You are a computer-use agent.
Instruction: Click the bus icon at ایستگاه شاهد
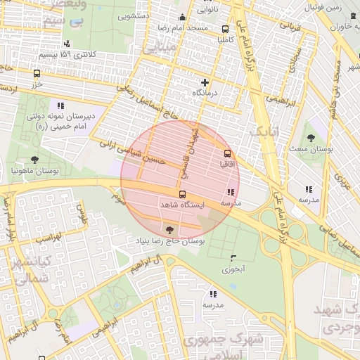[x=182, y=194]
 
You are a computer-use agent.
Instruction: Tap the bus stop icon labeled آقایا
[x=227, y=153]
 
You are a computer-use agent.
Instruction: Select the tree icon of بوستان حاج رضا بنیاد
[x=169, y=229]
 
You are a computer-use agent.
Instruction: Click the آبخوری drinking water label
[x=233, y=268]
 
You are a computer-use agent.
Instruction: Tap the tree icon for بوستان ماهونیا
[x=34, y=160]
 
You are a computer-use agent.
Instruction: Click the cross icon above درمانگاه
[x=205, y=82]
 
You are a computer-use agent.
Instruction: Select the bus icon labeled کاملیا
[x=225, y=30]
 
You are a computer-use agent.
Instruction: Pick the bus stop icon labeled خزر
[x=37, y=73]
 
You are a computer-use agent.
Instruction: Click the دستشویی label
[x=137, y=14]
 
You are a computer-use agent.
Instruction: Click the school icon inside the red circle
[x=231, y=192]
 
